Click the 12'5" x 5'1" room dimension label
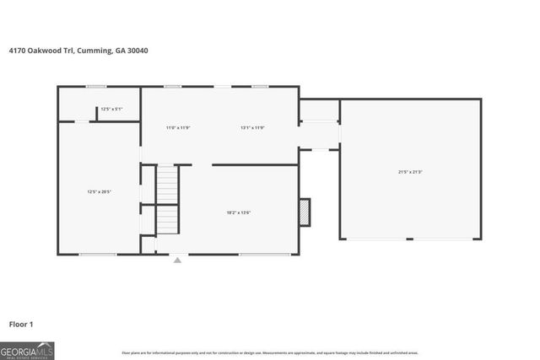click(x=111, y=109)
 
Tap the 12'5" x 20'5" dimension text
click(x=100, y=191)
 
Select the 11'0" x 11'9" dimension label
click(x=178, y=127)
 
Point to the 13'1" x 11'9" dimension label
click(x=252, y=127)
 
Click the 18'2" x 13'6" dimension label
click(x=239, y=212)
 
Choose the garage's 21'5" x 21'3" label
click(x=411, y=172)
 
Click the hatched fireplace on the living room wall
click(x=305, y=212)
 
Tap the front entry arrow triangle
click(x=177, y=261)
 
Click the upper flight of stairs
click(x=168, y=185)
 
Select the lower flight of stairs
click(x=167, y=219)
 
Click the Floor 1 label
click(x=21, y=324)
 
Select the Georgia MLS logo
click(x=27, y=350)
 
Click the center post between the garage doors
click(x=409, y=239)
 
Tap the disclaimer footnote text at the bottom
click(x=270, y=352)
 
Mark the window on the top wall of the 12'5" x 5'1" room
click(x=95, y=86)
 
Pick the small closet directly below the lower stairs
click(x=148, y=244)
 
